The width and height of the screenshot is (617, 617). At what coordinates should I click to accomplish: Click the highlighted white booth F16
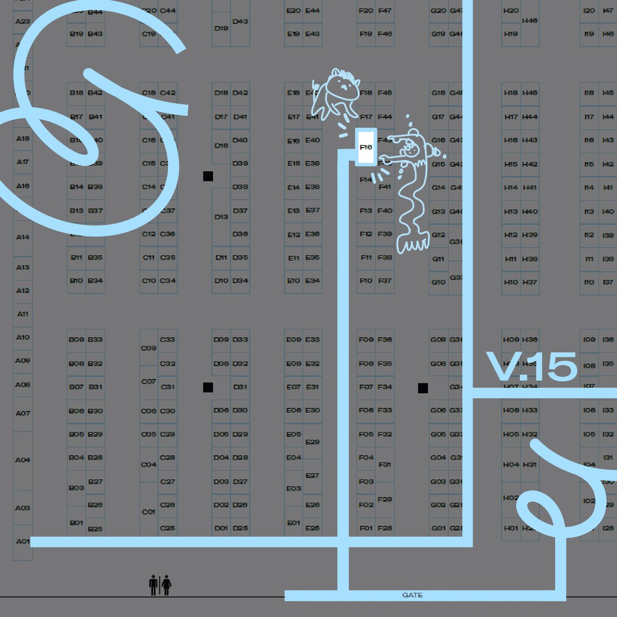coord(366,147)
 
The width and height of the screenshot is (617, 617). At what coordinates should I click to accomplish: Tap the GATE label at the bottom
coord(412,595)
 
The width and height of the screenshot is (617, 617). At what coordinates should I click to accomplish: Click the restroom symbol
coord(160,585)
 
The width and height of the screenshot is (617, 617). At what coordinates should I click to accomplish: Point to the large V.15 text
coord(531,367)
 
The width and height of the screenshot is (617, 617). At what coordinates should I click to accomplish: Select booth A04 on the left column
coord(23,460)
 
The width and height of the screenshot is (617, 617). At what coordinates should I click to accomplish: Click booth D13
coord(221,216)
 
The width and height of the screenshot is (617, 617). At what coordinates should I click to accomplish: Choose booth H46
coord(530,21)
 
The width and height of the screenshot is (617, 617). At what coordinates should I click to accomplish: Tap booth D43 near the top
coord(240,22)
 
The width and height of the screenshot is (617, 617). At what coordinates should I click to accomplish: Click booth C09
coord(149,348)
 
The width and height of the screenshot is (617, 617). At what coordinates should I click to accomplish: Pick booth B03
coord(76,487)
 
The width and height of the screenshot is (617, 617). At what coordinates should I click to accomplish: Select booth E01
coord(294,523)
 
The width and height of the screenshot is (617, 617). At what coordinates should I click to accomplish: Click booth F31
coord(385,464)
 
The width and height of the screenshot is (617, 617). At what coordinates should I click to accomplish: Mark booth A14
coord(23,237)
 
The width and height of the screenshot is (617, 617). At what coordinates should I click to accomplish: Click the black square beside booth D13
coord(208,176)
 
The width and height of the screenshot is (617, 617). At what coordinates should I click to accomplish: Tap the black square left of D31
coord(208,387)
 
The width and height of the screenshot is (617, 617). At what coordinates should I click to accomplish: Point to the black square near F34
coord(423,388)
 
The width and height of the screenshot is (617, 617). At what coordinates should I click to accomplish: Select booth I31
coord(608,458)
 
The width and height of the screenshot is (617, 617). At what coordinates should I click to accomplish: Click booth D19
coord(221,28)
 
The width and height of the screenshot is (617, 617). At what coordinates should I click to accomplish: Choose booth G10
coord(438,282)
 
